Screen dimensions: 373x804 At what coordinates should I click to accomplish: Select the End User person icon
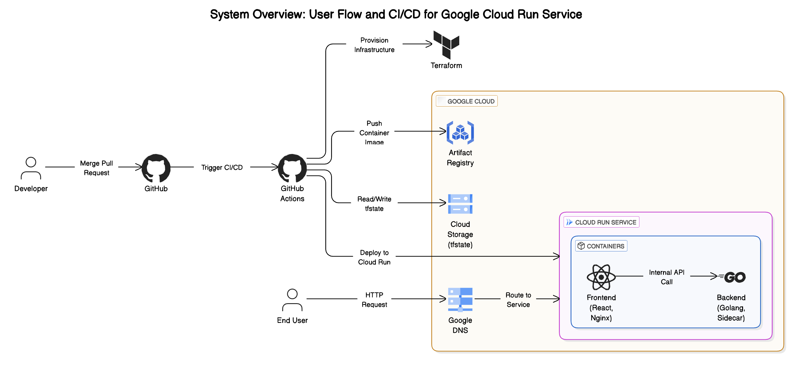292,300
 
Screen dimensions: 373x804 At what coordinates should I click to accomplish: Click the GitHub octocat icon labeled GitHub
156,168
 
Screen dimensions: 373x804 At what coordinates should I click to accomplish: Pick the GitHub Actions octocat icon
292,168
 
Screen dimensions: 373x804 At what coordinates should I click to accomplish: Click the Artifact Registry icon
460,133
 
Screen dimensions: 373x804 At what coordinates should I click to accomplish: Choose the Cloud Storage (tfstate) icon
460,204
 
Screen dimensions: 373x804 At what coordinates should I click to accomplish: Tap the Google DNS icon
460,299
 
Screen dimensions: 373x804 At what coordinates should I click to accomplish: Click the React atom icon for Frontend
601,277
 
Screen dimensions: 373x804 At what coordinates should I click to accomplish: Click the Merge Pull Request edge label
97,168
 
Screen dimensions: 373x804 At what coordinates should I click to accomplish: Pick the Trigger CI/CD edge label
221,168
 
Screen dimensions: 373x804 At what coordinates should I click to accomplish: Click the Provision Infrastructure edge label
374,45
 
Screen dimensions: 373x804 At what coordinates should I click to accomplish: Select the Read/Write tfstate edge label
374,203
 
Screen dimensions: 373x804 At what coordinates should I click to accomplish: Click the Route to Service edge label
518,300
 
